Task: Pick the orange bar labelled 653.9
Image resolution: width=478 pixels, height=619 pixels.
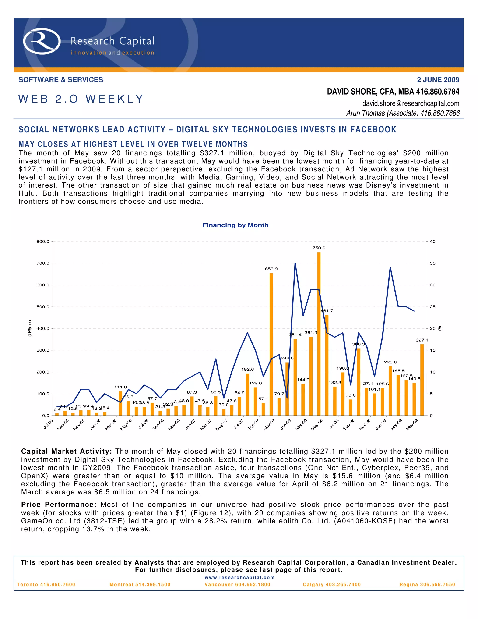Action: pos(271,344)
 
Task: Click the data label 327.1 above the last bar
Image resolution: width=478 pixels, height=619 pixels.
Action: pos(421,340)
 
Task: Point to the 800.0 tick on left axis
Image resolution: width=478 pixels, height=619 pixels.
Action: pos(43,242)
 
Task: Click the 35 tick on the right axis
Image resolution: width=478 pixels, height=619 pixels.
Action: pos(432,263)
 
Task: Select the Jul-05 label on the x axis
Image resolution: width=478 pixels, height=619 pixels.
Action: pos(48,424)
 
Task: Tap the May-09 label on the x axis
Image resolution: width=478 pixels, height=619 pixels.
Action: pos(412,425)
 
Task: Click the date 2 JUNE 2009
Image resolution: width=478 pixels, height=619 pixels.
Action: pos(438,80)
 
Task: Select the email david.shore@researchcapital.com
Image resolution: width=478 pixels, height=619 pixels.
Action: pos(411,103)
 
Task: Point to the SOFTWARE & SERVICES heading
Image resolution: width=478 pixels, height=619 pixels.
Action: pos(61,80)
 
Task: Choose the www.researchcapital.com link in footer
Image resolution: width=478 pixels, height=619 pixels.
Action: pos(239,577)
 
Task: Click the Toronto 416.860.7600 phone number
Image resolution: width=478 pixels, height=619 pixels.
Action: pos(46,584)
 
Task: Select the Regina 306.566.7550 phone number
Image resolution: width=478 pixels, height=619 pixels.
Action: pos(427,584)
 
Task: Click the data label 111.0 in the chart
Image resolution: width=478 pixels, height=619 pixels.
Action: pos(120,387)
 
